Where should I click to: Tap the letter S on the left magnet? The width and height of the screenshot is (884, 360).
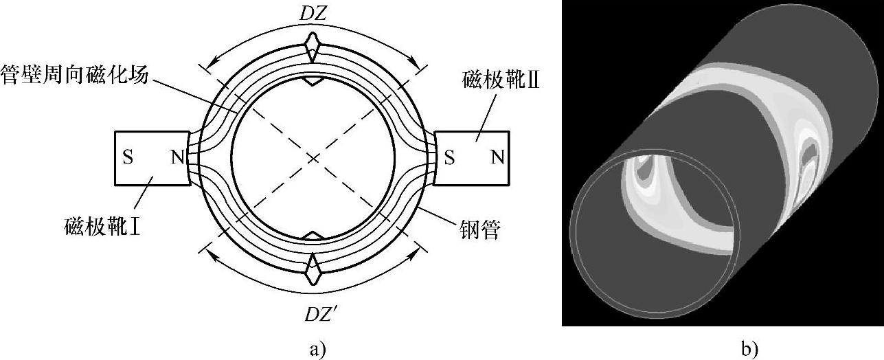click(128, 158)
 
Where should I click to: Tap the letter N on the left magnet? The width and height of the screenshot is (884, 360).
click(178, 158)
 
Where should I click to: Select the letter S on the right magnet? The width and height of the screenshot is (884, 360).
click(449, 158)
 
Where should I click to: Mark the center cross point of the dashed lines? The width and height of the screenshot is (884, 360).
click(313, 159)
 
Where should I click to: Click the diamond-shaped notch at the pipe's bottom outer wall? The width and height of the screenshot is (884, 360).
click(313, 267)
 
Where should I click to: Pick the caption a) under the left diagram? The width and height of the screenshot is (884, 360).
click(315, 349)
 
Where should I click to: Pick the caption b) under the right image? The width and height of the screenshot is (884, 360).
click(749, 349)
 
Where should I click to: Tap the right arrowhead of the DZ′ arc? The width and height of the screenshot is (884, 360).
click(416, 254)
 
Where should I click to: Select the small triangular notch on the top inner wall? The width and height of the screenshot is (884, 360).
click(313, 81)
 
